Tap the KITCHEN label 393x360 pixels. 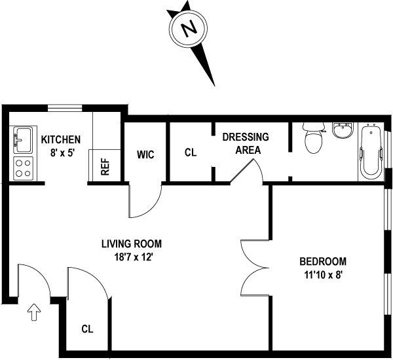click(x=61, y=139)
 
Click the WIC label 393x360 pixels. click(x=145, y=155)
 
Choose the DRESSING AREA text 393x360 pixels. click(x=246, y=143)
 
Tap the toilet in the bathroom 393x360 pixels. click(x=314, y=137)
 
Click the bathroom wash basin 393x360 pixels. click(x=341, y=130)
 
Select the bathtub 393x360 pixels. click(x=370, y=151)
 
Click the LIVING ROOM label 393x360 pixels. click(x=131, y=244)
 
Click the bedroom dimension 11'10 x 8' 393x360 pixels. click(x=320, y=275)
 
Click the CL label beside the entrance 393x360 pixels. click(x=87, y=329)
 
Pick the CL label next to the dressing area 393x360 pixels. click(x=191, y=153)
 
